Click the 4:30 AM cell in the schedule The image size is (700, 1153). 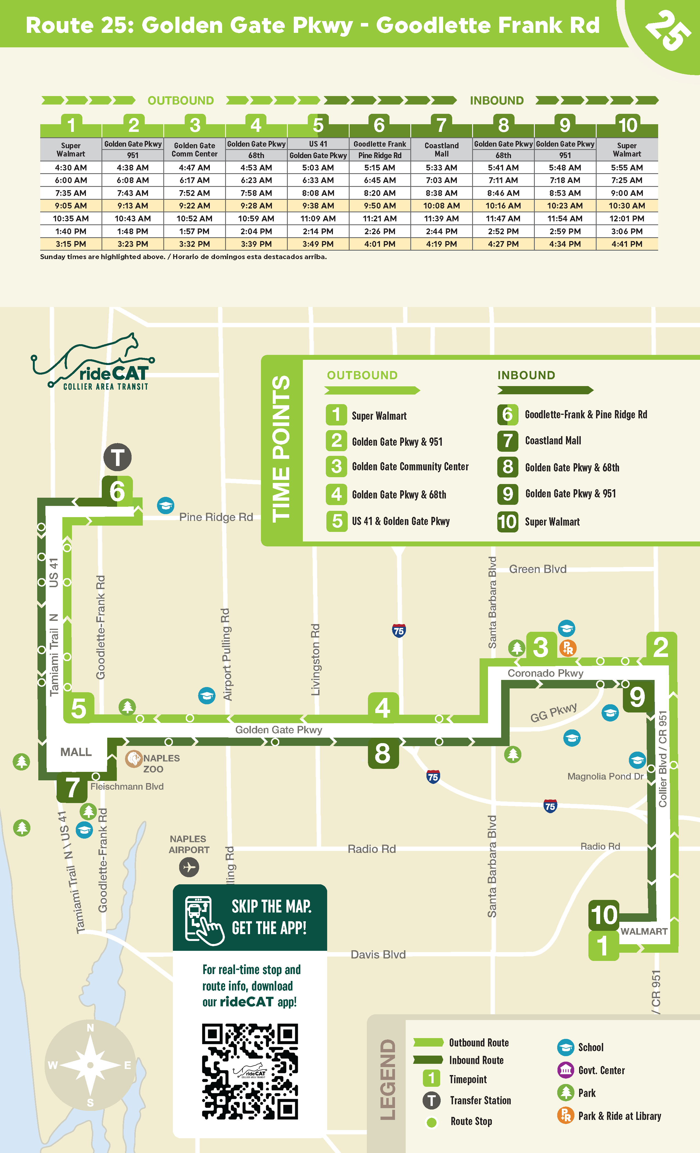pos(71,167)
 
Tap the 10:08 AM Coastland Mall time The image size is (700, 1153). pos(441,206)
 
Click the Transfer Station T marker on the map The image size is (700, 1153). pos(117,457)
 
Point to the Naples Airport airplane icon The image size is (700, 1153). pos(189,867)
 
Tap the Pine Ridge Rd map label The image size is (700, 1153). pos(216,517)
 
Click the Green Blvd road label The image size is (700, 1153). pos(538,569)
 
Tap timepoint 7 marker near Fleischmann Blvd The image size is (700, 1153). pos(72,787)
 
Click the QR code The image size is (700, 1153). pos(250,1071)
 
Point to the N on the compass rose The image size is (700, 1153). pos(90,1028)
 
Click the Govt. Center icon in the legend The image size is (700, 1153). pos(565,1070)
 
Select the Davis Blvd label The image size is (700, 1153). pos(378,955)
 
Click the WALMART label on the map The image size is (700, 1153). pos(644,932)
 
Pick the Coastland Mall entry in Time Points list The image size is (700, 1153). pos(553,441)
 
